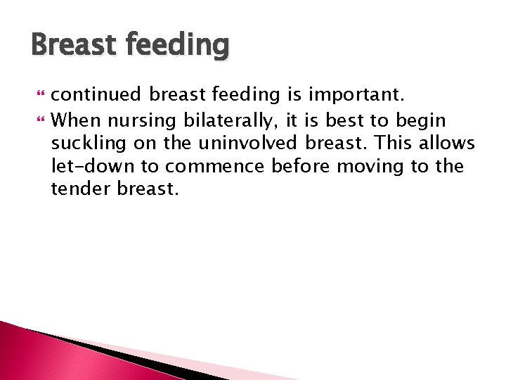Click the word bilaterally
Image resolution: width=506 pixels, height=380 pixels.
[226, 120]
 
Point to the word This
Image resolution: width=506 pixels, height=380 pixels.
[395, 143]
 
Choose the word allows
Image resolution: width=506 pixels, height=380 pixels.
[449, 143]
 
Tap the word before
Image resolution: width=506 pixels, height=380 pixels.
[297, 166]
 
